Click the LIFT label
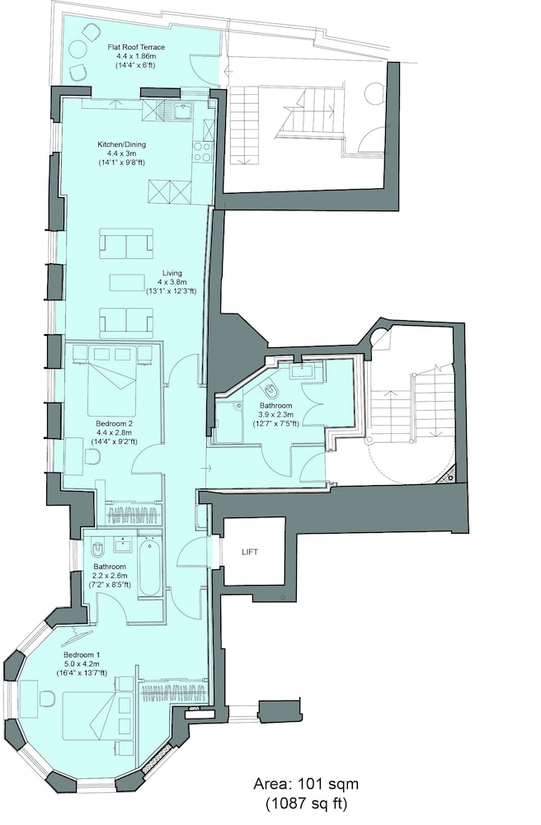[250, 552]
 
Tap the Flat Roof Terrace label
[135, 47]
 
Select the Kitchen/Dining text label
[121, 144]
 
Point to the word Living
[172, 272]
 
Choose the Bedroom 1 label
[82, 655]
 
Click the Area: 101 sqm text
[307, 784]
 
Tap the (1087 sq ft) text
[307, 804]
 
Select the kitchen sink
[183, 111]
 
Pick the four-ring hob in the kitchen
[201, 151]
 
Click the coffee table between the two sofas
[126, 282]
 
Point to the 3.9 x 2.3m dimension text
[275, 414]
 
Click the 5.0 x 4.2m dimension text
[82, 663]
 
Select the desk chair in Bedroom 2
[92, 458]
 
